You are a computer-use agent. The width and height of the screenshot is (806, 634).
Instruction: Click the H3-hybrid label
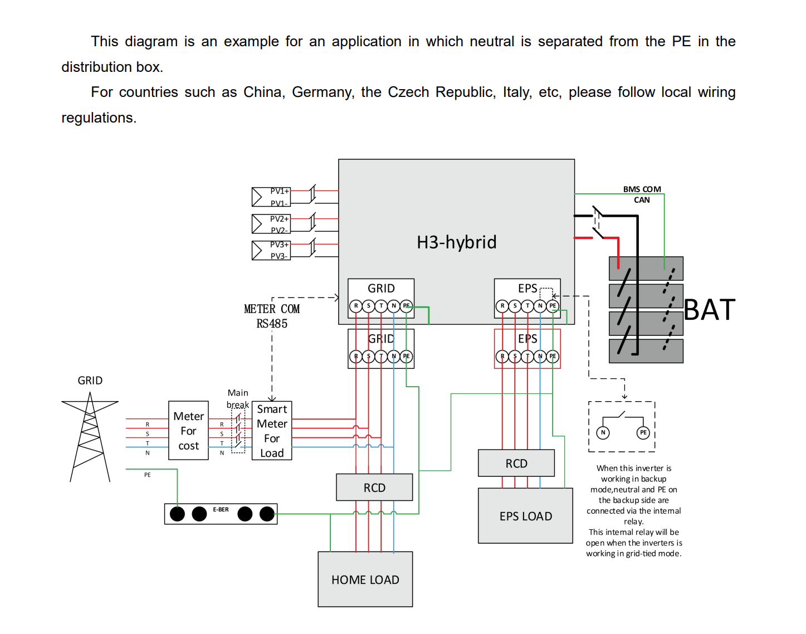(x=456, y=242)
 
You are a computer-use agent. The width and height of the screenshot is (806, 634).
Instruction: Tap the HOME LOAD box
(x=365, y=579)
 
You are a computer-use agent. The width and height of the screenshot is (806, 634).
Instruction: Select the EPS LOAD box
(x=525, y=515)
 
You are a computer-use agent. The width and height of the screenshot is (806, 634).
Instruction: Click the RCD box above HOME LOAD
(x=374, y=487)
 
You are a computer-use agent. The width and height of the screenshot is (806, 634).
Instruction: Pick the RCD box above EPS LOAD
(x=516, y=463)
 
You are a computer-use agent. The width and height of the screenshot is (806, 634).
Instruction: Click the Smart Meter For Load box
(x=271, y=431)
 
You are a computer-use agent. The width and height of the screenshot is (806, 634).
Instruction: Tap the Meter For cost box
(x=188, y=431)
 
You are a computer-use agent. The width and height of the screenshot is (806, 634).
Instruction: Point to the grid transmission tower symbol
(x=90, y=437)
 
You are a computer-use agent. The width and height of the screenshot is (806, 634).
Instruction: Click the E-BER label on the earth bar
(x=221, y=510)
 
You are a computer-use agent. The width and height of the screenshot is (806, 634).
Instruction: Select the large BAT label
(x=710, y=310)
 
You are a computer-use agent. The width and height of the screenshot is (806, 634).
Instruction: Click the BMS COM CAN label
(x=642, y=194)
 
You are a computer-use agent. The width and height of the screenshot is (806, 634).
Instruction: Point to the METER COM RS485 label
(x=272, y=316)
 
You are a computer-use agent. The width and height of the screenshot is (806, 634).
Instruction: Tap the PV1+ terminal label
(x=280, y=191)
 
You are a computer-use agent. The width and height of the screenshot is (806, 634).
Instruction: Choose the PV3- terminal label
(x=279, y=256)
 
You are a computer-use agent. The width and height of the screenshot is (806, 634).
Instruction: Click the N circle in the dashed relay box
(x=603, y=432)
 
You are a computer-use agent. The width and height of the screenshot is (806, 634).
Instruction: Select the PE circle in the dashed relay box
(x=643, y=432)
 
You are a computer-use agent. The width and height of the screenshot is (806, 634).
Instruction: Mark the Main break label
(x=237, y=399)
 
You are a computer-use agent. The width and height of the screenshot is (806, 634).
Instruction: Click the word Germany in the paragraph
(x=323, y=92)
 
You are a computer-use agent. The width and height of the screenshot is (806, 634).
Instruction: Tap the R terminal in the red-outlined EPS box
(x=502, y=356)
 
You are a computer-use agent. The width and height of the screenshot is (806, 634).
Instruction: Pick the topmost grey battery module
(x=646, y=269)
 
